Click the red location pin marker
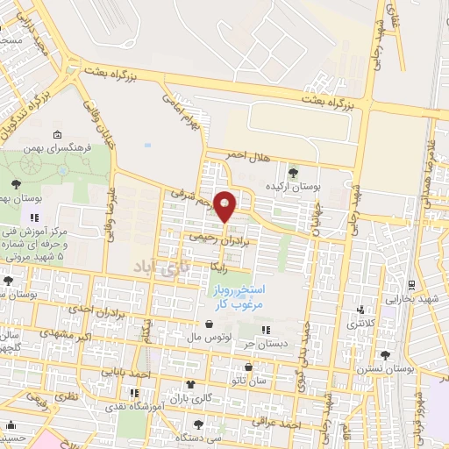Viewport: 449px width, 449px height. coord(225,205)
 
